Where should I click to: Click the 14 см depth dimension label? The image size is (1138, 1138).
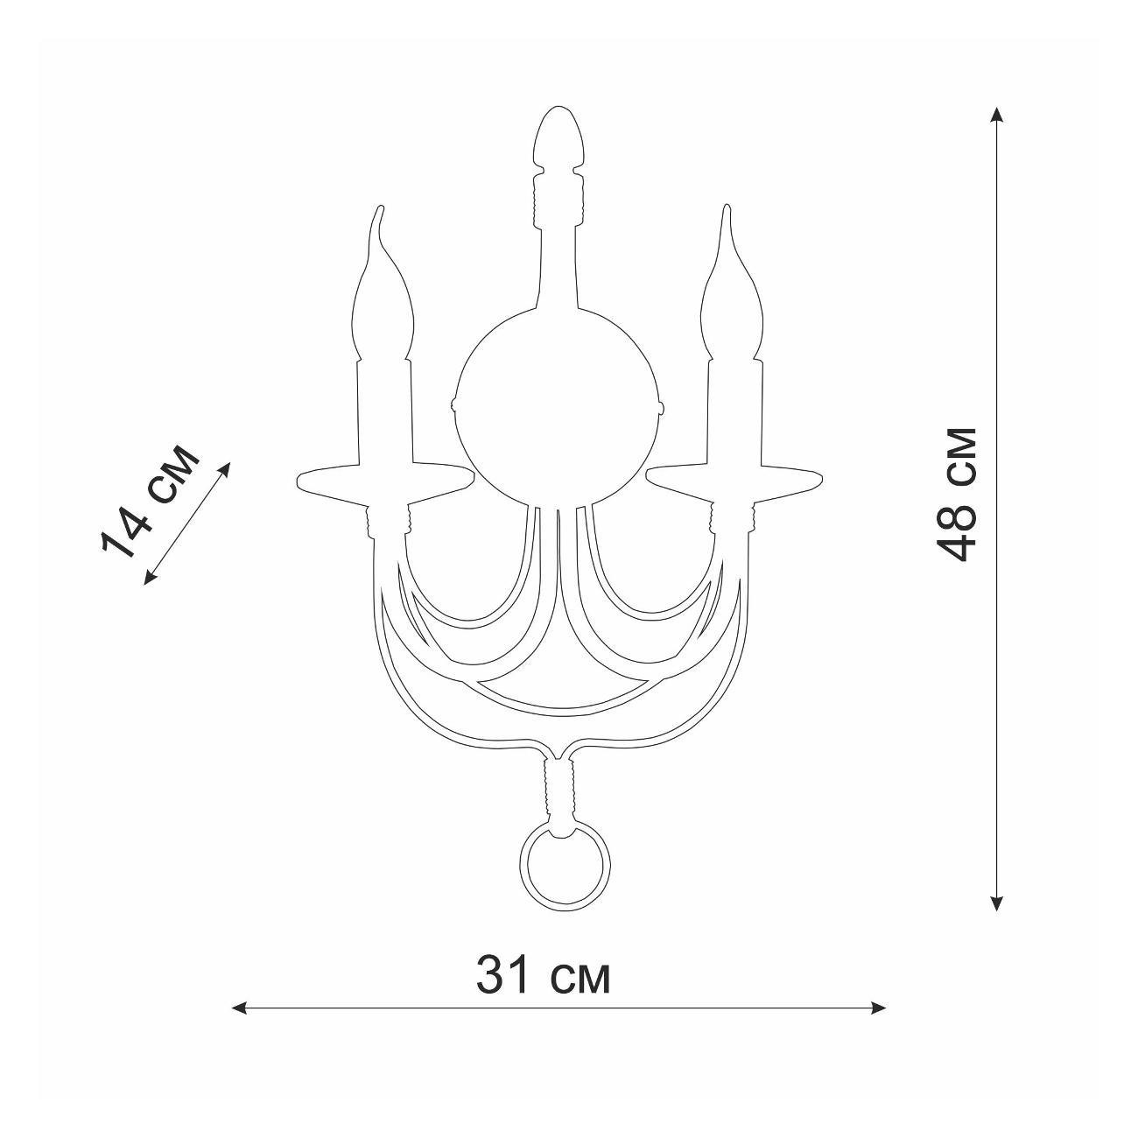click(148, 504)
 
